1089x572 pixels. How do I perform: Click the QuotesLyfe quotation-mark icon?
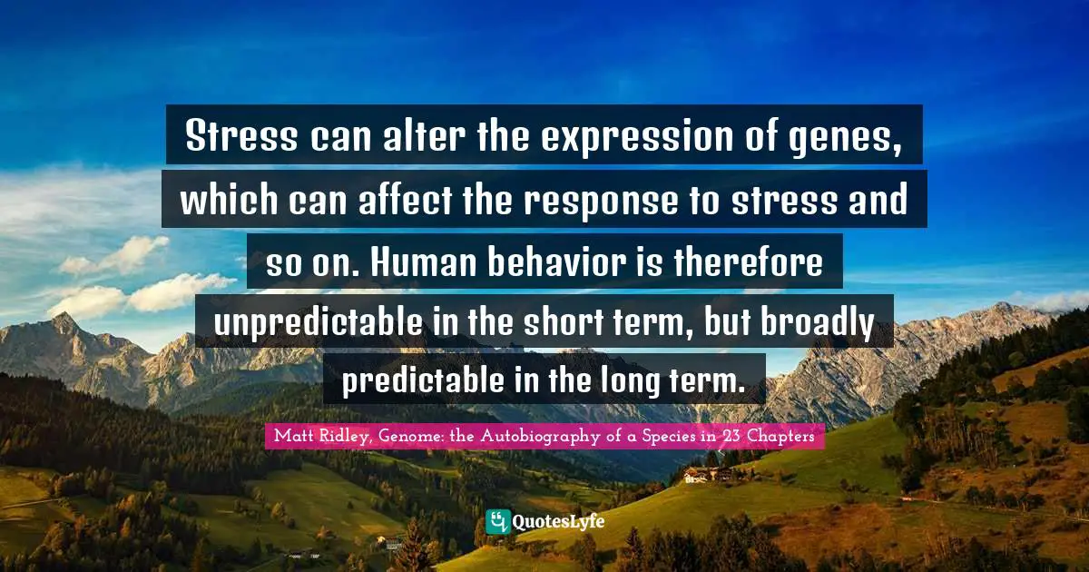(497, 521)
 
